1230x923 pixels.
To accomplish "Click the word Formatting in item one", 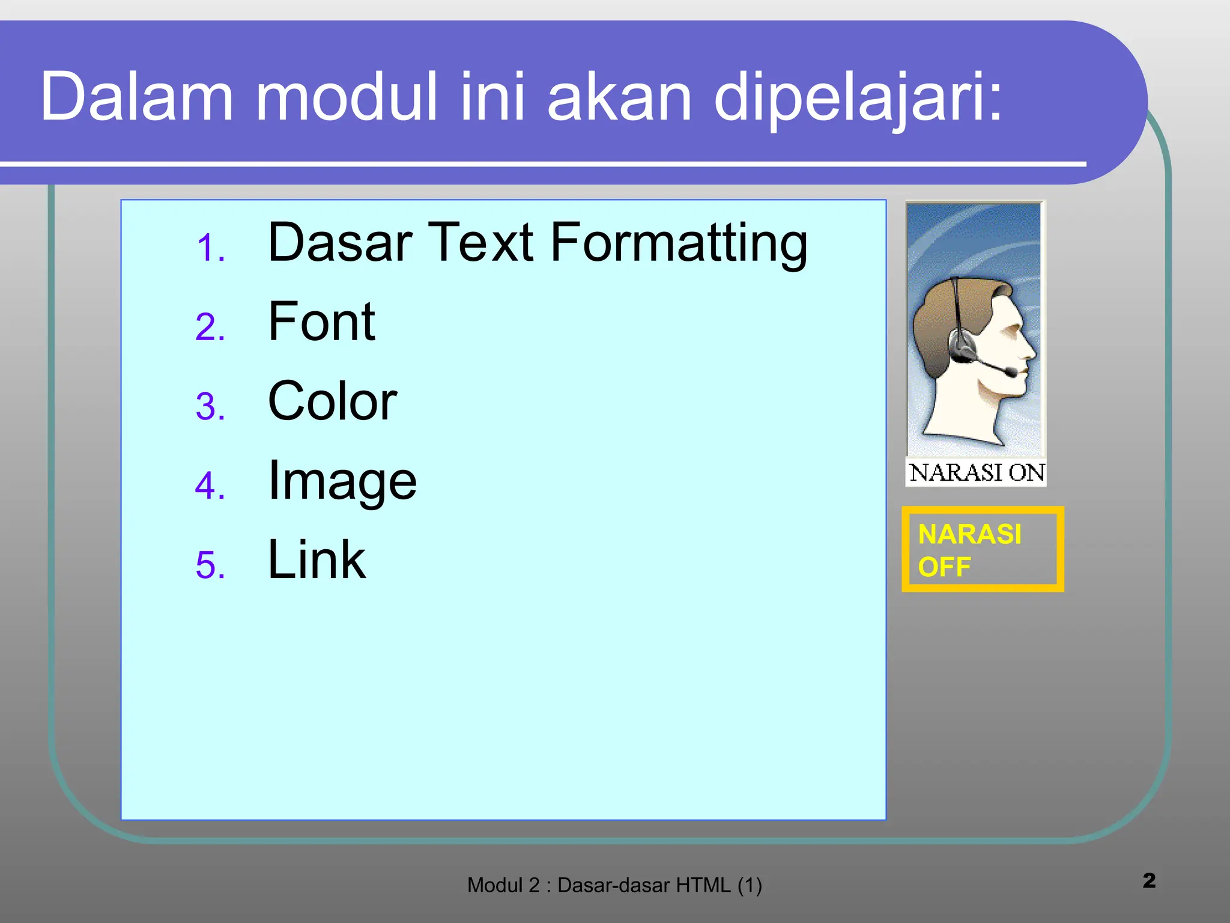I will click(679, 243).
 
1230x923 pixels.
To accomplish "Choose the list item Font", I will click(321, 322).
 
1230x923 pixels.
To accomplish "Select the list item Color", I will click(332, 401).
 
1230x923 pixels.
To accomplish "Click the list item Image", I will click(342, 482).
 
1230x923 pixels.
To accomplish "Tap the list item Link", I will click(317, 560).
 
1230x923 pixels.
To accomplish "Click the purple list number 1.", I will click(210, 248).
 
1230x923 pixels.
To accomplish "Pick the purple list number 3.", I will click(210, 407).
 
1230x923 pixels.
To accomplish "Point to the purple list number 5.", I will click(210, 565).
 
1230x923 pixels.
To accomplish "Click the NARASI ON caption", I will click(976, 473).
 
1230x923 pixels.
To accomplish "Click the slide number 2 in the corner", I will click(1149, 880).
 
